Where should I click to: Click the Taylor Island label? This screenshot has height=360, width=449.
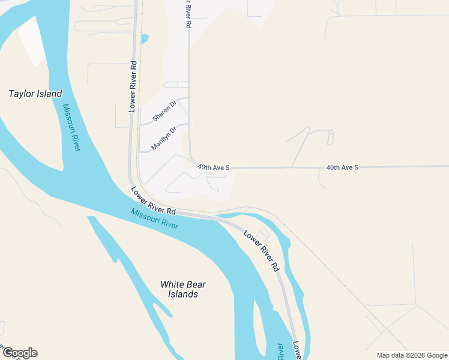click(35, 94)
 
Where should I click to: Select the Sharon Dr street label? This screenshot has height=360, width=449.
click(164, 112)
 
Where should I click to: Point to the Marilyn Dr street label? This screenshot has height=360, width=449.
click(164, 138)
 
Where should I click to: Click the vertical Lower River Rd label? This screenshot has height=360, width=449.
click(133, 86)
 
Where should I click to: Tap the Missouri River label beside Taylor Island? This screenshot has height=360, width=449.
click(71, 127)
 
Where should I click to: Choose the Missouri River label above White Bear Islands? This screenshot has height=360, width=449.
click(155, 218)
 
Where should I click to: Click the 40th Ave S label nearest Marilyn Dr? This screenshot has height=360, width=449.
click(214, 167)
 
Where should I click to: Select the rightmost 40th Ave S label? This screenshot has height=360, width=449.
click(342, 167)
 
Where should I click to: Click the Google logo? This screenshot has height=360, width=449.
click(19, 353)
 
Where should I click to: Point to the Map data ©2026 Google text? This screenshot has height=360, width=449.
click(412, 355)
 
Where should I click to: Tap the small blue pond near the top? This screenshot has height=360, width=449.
click(144, 39)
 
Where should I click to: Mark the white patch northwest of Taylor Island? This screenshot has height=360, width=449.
click(33, 42)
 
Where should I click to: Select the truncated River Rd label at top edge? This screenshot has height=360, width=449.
click(188, 14)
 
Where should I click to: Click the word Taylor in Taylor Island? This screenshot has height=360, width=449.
click(21, 94)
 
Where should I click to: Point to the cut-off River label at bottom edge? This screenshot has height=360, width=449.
click(280, 352)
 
